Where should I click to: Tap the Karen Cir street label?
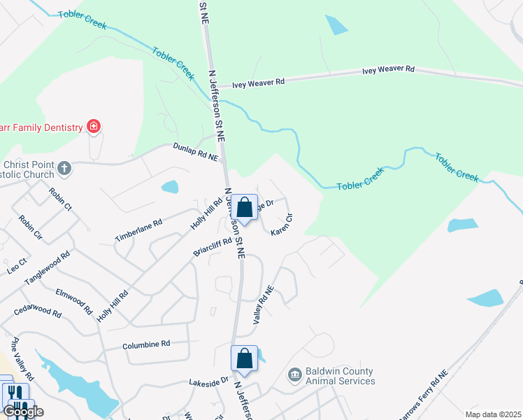point(281,224)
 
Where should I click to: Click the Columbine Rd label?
point(146,344)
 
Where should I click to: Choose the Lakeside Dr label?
point(208,381)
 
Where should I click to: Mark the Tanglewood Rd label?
point(48,268)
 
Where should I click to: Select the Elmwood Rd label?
point(73,300)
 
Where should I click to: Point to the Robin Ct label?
point(59,199)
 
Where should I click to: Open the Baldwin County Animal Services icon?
point(294,376)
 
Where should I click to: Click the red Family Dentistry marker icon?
point(93,127)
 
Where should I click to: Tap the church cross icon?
point(64,167)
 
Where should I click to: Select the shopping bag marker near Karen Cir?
point(244,208)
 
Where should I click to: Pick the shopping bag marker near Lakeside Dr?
point(244,359)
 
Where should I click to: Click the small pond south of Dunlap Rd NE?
point(169,187)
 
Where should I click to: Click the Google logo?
point(22,412)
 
